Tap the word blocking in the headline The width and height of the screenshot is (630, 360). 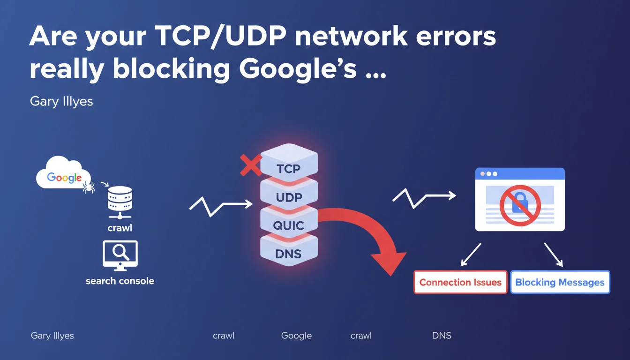pos(171,69)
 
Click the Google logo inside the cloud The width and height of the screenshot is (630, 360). pos(64,178)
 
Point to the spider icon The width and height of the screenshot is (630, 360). pos(89,187)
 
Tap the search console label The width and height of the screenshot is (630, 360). pos(120,281)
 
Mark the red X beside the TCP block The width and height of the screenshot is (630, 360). pos(251,165)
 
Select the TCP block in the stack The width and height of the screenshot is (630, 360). pos(289,167)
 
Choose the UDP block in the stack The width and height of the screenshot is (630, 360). pos(289,197)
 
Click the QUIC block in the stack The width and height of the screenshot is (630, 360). pos(289,225)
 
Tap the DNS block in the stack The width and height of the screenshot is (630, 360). pos(289,254)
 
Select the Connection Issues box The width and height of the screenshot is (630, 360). pos(460,282)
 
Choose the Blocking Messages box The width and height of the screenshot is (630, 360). pos(560,282)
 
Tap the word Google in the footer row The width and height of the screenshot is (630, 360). pos(296,336)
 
